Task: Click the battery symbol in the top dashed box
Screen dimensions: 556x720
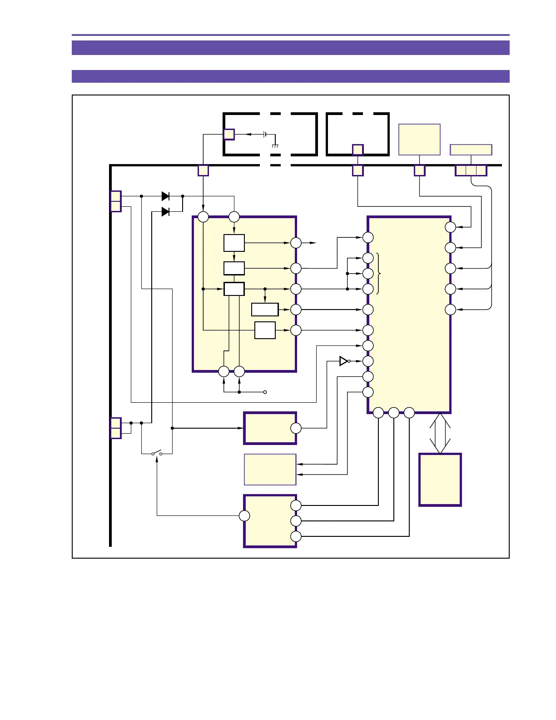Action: click(x=265, y=135)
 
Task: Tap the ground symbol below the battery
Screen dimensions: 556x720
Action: click(x=275, y=146)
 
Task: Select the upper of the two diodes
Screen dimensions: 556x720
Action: click(x=166, y=196)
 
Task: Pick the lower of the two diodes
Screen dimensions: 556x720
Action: click(x=166, y=211)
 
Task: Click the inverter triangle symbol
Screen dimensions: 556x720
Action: click(x=344, y=361)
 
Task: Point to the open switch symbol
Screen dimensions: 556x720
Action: click(x=157, y=453)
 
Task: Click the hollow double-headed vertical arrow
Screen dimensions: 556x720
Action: click(x=440, y=433)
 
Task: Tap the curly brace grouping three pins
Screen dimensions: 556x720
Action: click(x=379, y=273)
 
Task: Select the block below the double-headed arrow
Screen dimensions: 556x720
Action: click(x=440, y=480)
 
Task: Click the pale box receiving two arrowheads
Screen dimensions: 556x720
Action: click(x=270, y=470)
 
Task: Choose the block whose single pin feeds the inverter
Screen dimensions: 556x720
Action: click(x=270, y=428)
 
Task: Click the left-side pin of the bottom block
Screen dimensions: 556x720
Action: click(x=244, y=515)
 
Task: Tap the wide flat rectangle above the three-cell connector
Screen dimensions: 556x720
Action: click(x=471, y=150)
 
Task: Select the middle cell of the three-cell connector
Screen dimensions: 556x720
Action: click(x=471, y=170)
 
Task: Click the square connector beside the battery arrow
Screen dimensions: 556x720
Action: click(x=229, y=135)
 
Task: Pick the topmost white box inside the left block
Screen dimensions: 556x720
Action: click(x=234, y=243)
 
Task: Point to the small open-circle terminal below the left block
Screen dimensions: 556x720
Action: click(x=265, y=392)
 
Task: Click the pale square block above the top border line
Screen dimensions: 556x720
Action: click(x=419, y=140)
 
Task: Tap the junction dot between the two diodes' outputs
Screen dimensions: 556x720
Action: click(x=183, y=196)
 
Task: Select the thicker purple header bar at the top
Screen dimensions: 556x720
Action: click(x=291, y=47)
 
